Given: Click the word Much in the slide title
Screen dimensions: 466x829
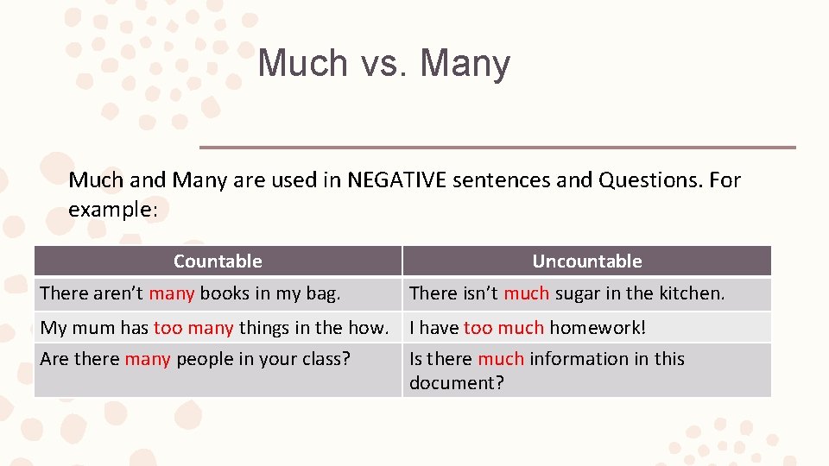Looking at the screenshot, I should (x=301, y=63).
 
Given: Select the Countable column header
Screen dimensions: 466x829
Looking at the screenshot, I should (x=218, y=261).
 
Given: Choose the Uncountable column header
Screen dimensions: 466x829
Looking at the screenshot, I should (x=586, y=261).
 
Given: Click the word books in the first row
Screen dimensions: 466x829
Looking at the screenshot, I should (x=224, y=293).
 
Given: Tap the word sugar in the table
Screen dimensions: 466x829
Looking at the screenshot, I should (x=577, y=293).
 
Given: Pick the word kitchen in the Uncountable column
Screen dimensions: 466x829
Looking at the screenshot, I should (x=692, y=293).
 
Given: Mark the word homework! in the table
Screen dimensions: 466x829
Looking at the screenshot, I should (x=598, y=328).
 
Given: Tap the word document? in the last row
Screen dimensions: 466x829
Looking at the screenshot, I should (x=456, y=383).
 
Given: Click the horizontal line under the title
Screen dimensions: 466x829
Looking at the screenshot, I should (x=497, y=147).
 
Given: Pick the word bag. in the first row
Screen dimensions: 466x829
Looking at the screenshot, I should (x=322, y=293).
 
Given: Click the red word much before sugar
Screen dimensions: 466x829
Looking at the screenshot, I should (x=526, y=293).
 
